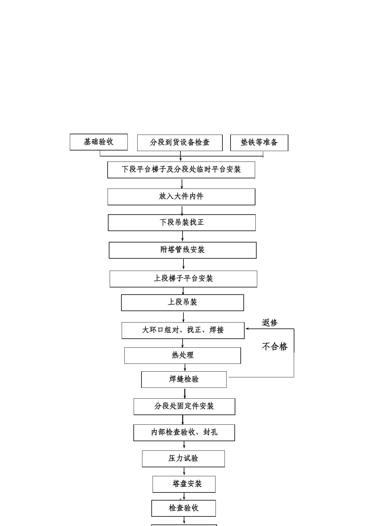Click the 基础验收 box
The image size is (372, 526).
pyautogui.click(x=99, y=142)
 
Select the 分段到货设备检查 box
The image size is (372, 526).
pyautogui.click(x=180, y=143)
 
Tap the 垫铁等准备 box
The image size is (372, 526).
pyautogui.click(x=259, y=143)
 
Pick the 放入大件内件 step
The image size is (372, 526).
pyautogui.click(x=181, y=197)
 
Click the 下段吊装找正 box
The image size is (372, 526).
pyautogui.click(x=182, y=223)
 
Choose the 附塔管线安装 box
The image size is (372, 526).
pyautogui.click(x=183, y=250)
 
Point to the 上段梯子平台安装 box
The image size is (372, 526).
pyautogui.click(x=183, y=279)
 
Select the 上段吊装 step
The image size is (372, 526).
pyautogui.click(x=183, y=303)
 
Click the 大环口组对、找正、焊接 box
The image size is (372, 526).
pyautogui.click(x=183, y=331)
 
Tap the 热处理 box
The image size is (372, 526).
pyautogui.click(x=183, y=356)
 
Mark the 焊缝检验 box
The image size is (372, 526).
pyautogui.click(x=184, y=380)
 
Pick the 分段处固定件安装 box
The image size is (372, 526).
pyautogui.click(x=184, y=407)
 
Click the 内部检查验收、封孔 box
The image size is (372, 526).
pyautogui.click(x=184, y=433)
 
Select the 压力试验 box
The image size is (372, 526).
pyautogui.click(x=183, y=459)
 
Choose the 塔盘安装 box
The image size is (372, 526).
pyautogui.click(x=184, y=484)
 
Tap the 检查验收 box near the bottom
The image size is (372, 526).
pyautogui.click(x=183, y=508)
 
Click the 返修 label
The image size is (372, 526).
pyautogui.click(x=270, y=323)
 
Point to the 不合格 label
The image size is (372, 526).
pyautogui.click(x=275, y=347)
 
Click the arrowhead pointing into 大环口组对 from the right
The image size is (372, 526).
pyautogui.click(x=247, y=329)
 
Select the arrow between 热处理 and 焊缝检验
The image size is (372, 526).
pyautogui.click(x=185, y=368)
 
